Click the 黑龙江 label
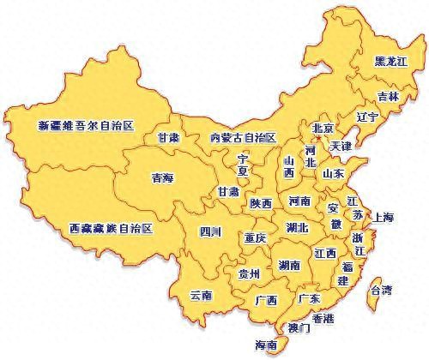coord(392,63)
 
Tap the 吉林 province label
coord(388,97)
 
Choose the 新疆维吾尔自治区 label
coord(87,125)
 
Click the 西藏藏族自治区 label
coord(111,229)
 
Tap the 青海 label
coord(163,178)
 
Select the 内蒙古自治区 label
coord(244,137)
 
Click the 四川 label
coord(210,231)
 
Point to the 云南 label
coord(201,295)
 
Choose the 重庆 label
coord(255,237)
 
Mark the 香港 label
coord(323,317)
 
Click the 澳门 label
coord(299,327)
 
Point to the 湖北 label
coord(298,227)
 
